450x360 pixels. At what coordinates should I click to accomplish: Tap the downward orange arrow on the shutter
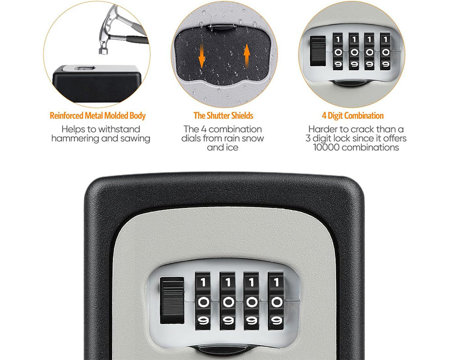pos(202,56)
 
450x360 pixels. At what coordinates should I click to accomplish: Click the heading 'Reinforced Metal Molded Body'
pos(98,116)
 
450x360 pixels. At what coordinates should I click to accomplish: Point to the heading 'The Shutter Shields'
pos(223,116)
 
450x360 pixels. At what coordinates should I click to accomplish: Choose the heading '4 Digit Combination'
pos(352,116)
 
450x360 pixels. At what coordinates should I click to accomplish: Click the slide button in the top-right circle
pos(318,51)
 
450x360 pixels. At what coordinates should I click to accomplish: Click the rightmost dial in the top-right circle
pos(385,51)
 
